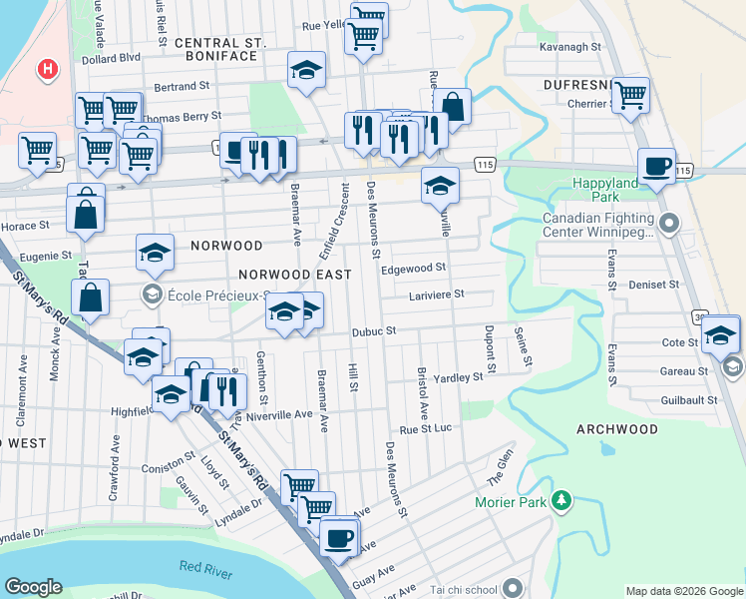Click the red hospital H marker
click(46, 70)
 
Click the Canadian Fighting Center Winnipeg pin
click(668, 221)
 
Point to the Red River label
click(205, 568)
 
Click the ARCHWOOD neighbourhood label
click(617, 429)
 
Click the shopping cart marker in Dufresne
click(630, 95)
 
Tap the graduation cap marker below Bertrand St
click(306, 70)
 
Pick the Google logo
click(33, 587)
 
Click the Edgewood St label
click(412, 269)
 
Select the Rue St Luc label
click(426, 429)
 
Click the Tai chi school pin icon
click(513, 588)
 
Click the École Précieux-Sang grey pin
click(152, 294)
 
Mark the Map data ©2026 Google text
click(684, 591)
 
